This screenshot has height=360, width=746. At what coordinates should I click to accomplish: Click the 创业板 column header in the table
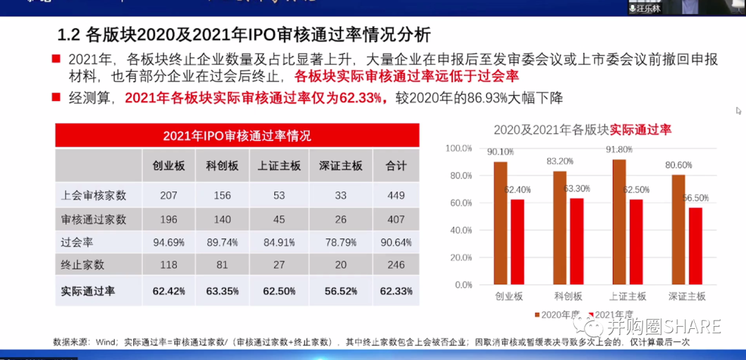(x=169, y=166)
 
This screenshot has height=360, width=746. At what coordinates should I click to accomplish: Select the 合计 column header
(x=396, y=166)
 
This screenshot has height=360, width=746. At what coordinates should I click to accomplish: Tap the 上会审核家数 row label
(x=94, y=196)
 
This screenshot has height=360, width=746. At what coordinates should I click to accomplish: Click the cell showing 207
(x=169, y=196)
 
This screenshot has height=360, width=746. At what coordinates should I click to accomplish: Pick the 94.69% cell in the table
(x=169, y=243)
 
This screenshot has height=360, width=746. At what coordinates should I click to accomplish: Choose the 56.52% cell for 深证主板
(x=341, y=292)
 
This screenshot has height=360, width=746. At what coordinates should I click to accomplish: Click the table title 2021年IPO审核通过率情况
(x=237, y=135)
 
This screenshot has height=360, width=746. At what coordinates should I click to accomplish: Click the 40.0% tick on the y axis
(x=459, y=230)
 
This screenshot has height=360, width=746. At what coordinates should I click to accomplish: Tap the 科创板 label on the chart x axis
(x=568, y=296)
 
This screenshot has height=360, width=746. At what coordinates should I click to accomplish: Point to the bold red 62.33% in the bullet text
(x=361, y=98)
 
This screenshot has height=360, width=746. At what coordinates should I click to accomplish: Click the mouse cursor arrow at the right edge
(x=738, y=111)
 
